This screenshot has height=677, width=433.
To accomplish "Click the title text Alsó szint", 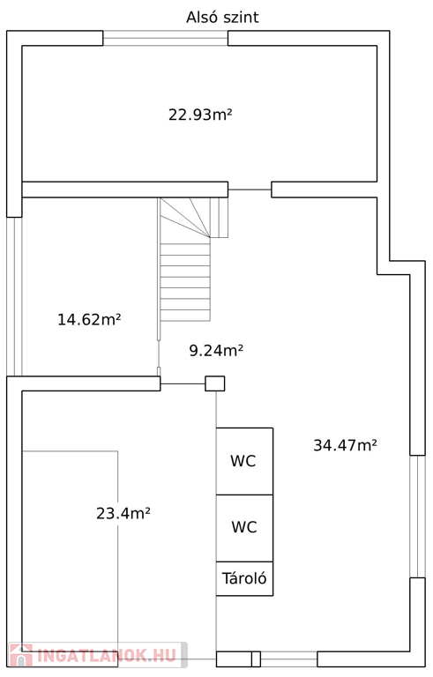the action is (x=222, y=18).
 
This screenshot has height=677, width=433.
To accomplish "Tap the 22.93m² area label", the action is (x=200, y=115).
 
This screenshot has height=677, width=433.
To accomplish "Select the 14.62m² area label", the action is (x=89, y=319).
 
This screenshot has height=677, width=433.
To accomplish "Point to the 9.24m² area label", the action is (x=216, y=350).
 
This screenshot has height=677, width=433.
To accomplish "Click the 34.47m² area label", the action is (x=345, y=444).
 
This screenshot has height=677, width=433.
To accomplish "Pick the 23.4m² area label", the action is (x=123, y=513).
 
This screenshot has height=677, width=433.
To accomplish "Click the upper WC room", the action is (x=244, y=461).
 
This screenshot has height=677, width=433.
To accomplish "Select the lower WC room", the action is (x=244, y=528).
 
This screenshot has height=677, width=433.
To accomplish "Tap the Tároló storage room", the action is (x=244, y=578).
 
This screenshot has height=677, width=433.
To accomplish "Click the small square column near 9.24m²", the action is (x=215, y=383).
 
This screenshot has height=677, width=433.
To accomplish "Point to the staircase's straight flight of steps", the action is (x=185, y=282).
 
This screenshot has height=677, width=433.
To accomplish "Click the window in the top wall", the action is (x=166, y=38).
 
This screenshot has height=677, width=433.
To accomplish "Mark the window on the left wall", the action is (x=14, y=296).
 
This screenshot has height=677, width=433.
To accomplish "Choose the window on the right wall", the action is (x=417, y=516).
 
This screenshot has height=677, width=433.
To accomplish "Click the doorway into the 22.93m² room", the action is (x=250, y=190).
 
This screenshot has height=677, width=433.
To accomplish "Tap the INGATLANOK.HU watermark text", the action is (x=108, y=656).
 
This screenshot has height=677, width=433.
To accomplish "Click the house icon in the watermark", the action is (x=21, y=655).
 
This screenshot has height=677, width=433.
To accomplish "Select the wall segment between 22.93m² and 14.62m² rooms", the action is (x=125, y=190).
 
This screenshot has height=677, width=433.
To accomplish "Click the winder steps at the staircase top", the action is (x=193, y=218).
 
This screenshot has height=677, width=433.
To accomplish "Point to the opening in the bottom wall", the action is (x=288, y=658).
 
